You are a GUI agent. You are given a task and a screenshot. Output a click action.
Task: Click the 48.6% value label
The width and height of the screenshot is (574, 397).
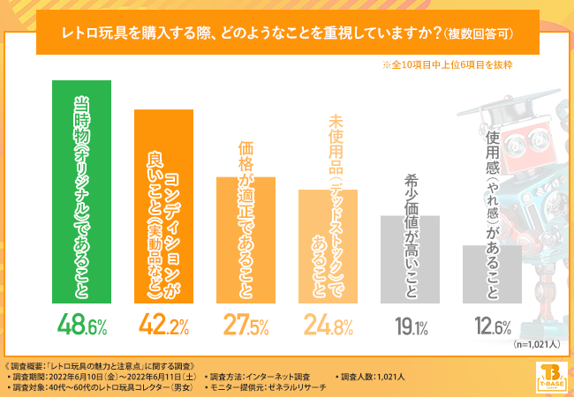tap(82, 326)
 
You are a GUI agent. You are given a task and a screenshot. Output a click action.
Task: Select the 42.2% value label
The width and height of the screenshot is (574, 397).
tap(163, 326)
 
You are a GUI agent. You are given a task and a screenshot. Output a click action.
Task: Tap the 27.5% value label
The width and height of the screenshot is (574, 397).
tap(245, 326)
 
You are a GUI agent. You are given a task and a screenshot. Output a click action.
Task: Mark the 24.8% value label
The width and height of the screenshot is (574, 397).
tap(328, 326)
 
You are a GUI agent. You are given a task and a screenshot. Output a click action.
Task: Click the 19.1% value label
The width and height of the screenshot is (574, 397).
tap(410, 327)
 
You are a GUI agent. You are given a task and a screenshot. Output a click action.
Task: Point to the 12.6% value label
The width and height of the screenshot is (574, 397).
tap(491, 327)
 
